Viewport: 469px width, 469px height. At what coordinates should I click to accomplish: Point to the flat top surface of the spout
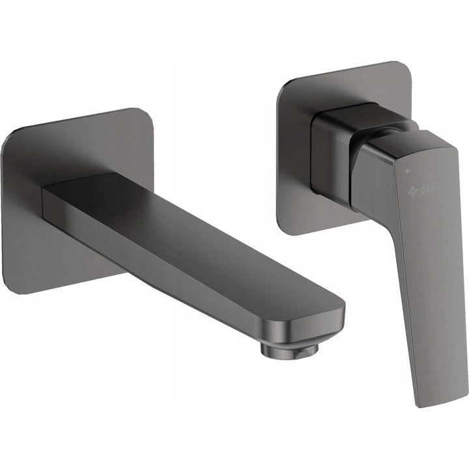coord(195,228)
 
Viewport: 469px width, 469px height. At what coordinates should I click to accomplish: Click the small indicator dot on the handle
coord(407,171)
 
